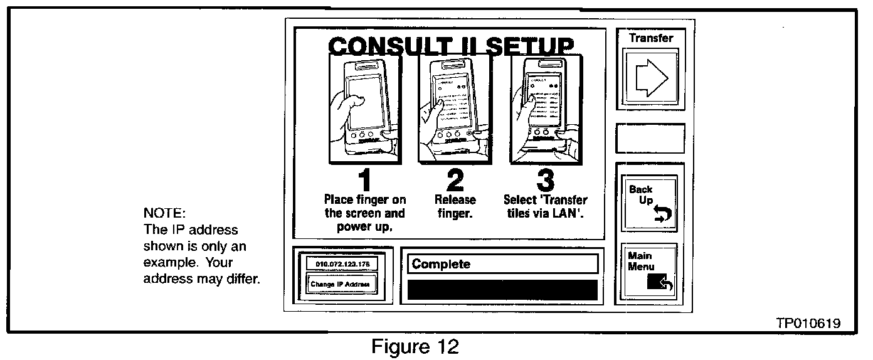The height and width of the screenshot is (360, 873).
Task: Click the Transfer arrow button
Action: [x=650, y=80]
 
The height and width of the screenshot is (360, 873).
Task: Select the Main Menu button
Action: [x=650, y=273]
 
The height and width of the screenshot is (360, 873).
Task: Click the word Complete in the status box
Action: [x=441, y=264]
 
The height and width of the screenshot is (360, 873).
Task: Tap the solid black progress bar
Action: [x=502, y=289]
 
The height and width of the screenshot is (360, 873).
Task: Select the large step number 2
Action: [x=455, y=180]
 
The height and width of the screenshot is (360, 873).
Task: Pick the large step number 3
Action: [x=545, y=180]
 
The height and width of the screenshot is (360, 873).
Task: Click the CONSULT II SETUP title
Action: [x=450, y=46]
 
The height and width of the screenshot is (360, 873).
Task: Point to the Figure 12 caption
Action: [x=415, y=347]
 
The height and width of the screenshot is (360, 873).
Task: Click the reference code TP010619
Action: [x=808, y=323]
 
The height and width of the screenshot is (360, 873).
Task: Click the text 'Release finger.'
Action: [x=455, y=206]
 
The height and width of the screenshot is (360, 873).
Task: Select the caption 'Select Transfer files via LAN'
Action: [x=545, y=206]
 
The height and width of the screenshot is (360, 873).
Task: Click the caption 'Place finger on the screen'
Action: [x=364, y=213]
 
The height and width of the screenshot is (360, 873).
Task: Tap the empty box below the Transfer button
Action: [x=650, y=139]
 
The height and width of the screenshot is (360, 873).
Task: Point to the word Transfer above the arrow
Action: [x=650, y=38]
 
